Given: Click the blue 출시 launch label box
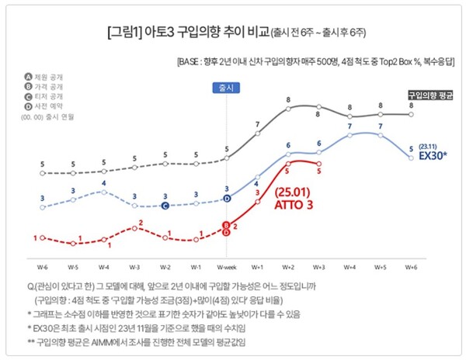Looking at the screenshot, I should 226,88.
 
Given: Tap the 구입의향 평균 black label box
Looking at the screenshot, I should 430,95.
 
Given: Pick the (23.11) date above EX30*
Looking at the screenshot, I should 429,145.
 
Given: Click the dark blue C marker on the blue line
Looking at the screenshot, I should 165,206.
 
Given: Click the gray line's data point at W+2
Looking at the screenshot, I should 288,108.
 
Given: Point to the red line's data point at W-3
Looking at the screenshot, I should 134,230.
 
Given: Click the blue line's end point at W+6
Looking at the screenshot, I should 411,158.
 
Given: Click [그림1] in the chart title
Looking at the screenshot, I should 124,34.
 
